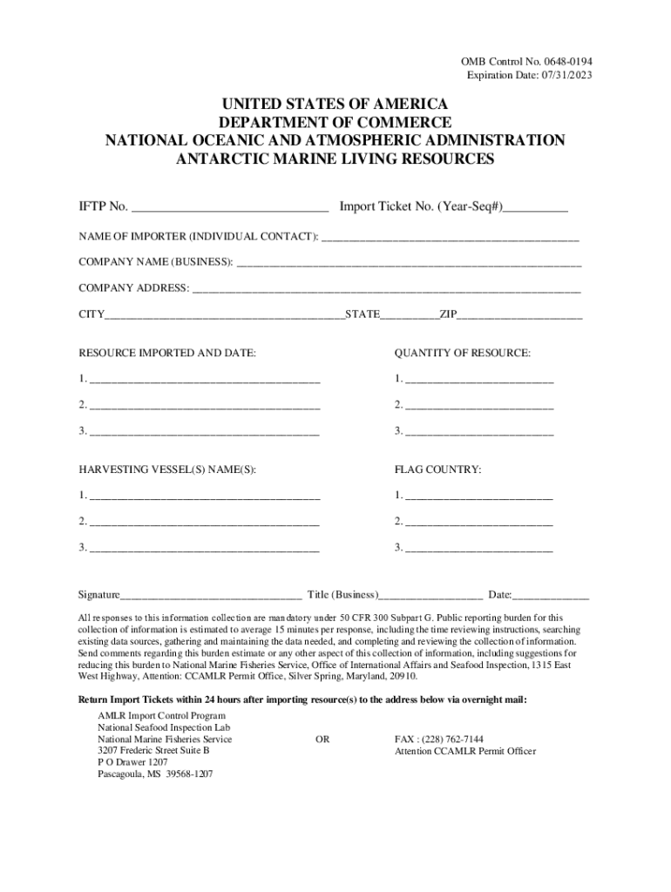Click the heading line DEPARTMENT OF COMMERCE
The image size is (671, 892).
click(x=335, y=122)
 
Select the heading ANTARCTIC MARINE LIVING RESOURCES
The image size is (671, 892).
click(x=335, y=159)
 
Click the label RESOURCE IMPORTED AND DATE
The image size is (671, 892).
click(x=167, y=353)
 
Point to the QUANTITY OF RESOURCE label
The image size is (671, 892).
click(x=462, y=353)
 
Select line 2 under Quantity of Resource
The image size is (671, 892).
click(x=479, y=406)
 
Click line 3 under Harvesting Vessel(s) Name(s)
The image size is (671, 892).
click(x=205, y=549)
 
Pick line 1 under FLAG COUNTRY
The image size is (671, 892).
click(x=478, y=497)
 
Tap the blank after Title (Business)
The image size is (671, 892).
click(x=430, y=597)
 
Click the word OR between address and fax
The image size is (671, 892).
click(x=322, y=739)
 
